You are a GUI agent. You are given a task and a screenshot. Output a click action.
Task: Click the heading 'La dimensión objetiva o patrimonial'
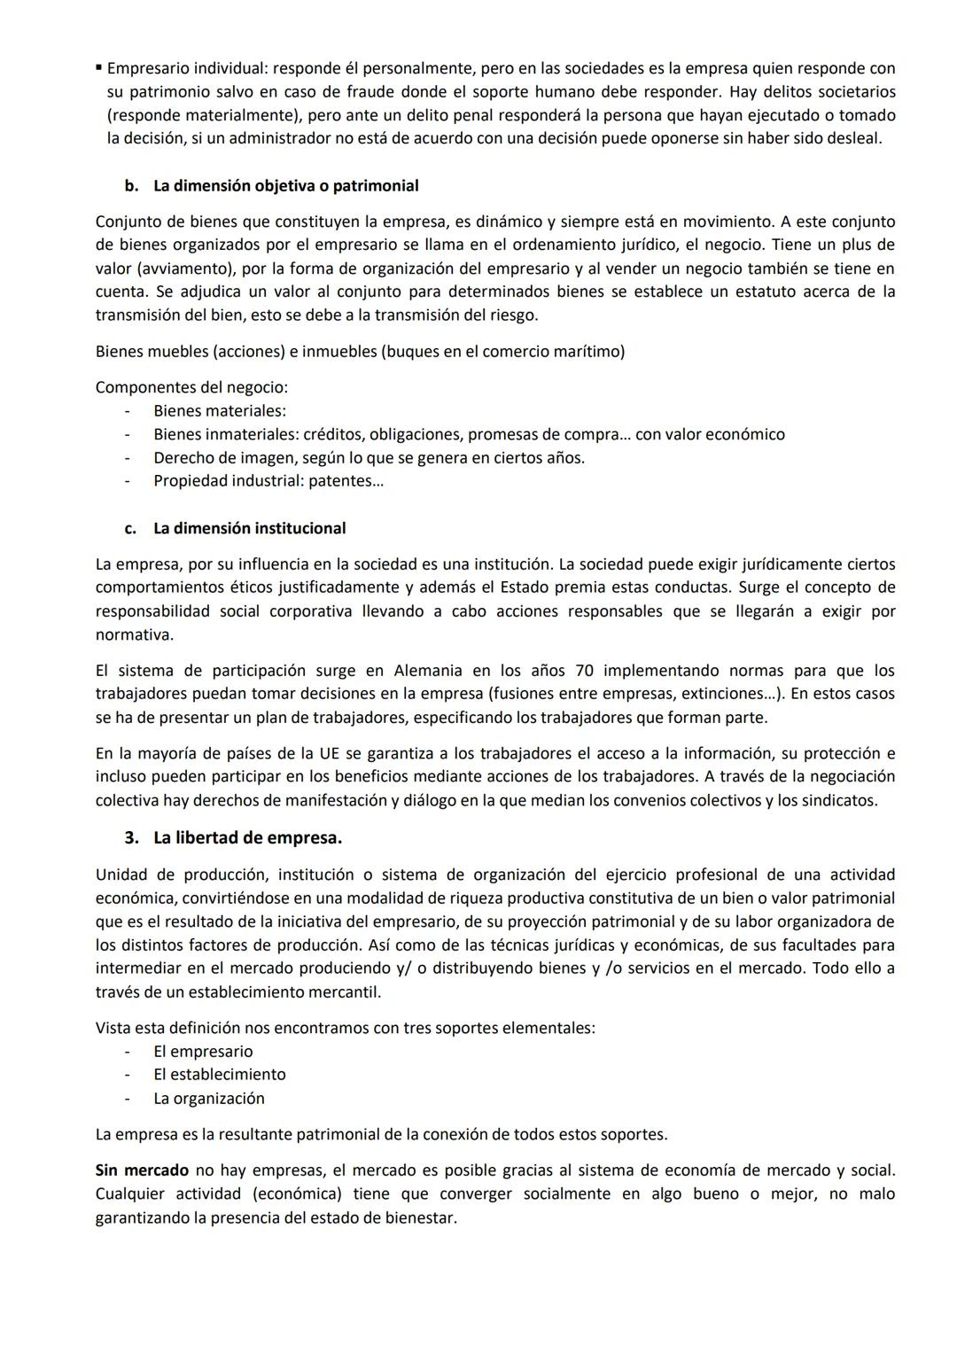coord(285,186)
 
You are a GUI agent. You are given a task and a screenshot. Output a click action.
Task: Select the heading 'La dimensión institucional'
coord(249,528)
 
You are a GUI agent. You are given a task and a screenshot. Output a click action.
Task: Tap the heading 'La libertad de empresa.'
coord(247,837)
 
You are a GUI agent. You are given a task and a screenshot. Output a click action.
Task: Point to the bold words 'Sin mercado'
coord(142,1170)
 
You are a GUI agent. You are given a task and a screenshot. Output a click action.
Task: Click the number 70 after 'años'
coord(585,671)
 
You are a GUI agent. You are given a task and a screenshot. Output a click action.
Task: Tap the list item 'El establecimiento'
coord(219,1075)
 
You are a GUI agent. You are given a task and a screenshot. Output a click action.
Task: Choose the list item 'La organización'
coord(209,1099)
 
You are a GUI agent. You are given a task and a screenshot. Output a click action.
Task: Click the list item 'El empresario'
coord(203,1052)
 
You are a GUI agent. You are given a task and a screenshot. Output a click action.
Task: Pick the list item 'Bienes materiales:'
coord(219,411)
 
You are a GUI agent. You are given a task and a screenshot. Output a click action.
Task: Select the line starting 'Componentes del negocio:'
coord(191,387)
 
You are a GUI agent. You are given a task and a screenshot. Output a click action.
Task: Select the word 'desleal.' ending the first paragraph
coord(854,138)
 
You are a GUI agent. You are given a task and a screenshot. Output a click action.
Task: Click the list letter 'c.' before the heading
coord(130,528)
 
